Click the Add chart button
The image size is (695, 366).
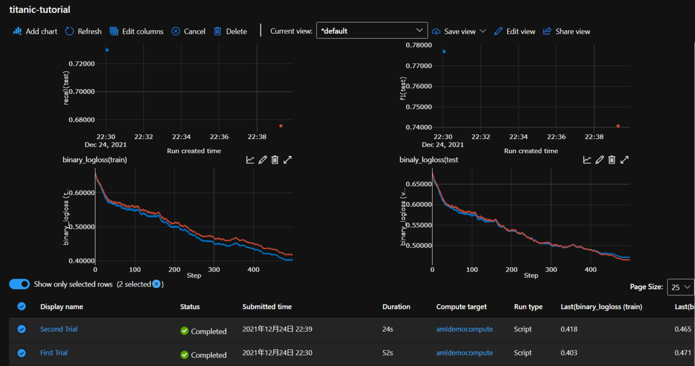tap(35, 31)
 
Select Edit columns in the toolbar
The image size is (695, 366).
tap(136, 31)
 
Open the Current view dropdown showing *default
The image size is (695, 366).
tap(372, 31)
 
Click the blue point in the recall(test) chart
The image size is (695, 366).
tap(107, 50)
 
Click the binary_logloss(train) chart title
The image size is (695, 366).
tap(94, 159)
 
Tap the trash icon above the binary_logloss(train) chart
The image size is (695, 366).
tap(275, 160)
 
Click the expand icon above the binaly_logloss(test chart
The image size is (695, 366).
tap(624, 160)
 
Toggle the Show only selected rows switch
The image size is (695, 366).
tap(20, 284)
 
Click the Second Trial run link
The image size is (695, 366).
tap(58, 329)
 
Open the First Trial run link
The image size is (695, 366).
tap(54, 353)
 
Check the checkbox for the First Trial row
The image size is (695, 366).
tap(21, 353)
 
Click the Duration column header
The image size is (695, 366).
tap(396, 306)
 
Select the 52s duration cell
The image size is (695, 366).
tap(388, 353)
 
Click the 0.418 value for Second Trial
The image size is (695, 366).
tap(569, 329)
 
